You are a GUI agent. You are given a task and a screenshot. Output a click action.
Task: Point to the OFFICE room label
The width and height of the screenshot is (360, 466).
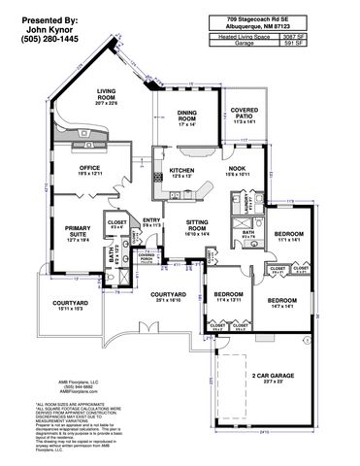[89, 168]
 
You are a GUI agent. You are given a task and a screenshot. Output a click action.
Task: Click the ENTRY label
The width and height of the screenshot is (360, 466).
[151, 220]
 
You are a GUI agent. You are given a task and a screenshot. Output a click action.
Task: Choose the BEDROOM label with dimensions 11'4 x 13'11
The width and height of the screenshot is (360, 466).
[227, 293]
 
